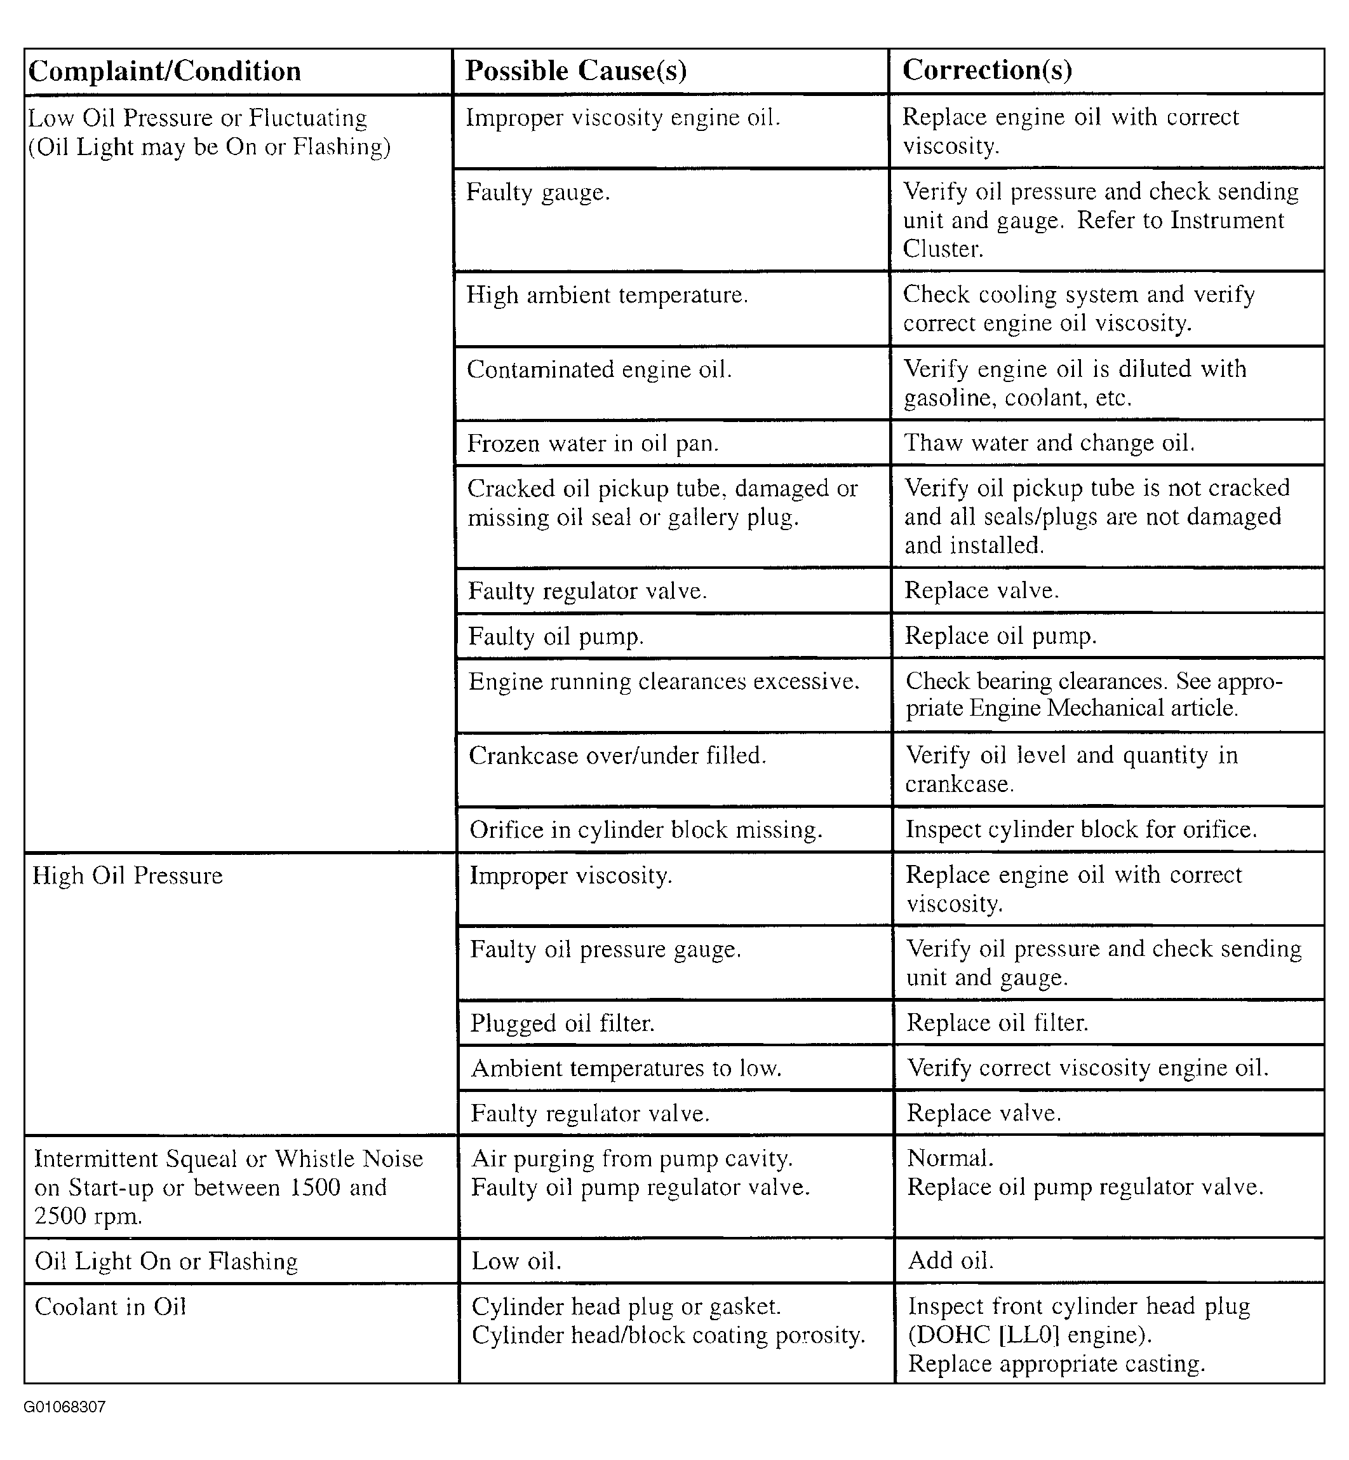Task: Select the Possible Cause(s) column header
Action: [576, 71]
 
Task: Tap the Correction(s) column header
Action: [987, 70]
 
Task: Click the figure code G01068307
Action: [65, 1407]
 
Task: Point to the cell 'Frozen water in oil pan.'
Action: [593, 443]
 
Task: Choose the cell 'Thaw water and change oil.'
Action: [1049, 442]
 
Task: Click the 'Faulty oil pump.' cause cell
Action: [556, 636]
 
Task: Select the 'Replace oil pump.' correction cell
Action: [1000, 636]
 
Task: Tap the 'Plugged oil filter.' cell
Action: [562, 1023]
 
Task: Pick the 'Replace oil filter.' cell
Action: [997, 1023]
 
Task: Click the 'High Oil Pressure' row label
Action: [128, 876]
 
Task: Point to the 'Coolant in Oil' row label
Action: [111, 1307]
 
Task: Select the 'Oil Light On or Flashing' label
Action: [166, 1261]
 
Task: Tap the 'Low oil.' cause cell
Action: [516, 1261]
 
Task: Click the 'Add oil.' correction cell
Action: [950, 1260]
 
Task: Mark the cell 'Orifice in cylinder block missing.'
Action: [645, 829]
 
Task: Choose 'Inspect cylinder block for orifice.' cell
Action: [1081, 829]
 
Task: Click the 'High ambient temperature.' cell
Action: [607, 295]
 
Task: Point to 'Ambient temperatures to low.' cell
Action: [626, 1068]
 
